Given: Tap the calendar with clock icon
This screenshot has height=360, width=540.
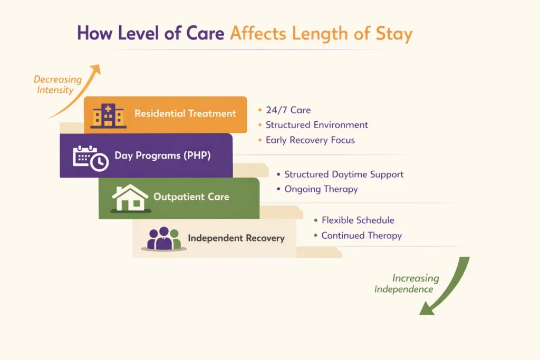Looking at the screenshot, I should tap(90, 158).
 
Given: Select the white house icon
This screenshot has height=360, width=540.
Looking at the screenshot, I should tap(130, 198).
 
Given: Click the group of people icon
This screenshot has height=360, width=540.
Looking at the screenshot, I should tap(163, 239).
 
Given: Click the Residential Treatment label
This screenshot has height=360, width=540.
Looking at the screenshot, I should tap(185, 113).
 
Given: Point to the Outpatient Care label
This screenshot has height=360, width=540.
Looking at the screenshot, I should tap(191, 197).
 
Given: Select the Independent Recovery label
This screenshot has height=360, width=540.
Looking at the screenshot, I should tap(236, 238).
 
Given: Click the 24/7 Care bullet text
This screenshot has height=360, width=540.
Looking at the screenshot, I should tap(288, 110).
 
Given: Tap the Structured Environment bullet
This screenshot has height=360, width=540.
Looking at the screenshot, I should tap(316, 125).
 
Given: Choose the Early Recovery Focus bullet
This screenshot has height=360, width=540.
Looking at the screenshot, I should tap(310, 140).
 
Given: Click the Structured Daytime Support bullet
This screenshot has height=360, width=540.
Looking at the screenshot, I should tap(344, 174).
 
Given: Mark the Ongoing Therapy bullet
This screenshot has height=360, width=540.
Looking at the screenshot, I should tap(321, 189).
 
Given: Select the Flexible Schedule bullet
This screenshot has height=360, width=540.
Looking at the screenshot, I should tap(358, 220).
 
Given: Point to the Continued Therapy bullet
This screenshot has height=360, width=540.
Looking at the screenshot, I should tap(361, 236).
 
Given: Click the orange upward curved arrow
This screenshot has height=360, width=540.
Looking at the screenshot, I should tap(79, 92).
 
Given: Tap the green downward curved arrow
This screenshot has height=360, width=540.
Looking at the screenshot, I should tap(448, 287).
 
